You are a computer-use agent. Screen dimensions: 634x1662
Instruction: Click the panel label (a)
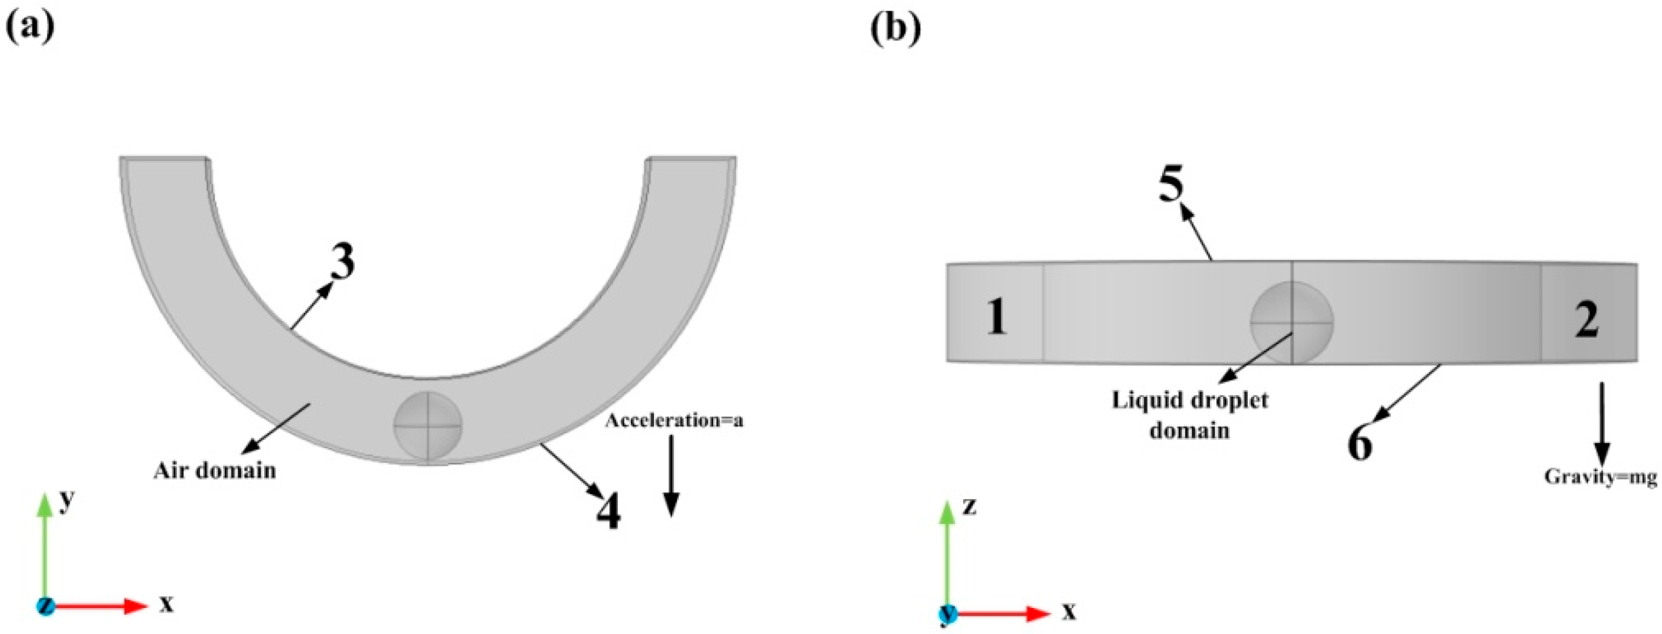pyautogui.click(x=30, y=27)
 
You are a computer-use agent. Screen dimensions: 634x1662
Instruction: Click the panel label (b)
pyautogui.click(x=896, y=27)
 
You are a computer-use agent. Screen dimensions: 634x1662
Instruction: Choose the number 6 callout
pyautogui.click(x=1360, y=444)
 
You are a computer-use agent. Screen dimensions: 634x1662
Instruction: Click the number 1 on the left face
pyautogui.click(x=997, y=318)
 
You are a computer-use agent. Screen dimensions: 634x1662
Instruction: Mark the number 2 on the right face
pyautogui.click(x=1586, y=319)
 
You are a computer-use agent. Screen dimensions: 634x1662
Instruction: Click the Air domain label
pyautogui.click(x=215, y=470)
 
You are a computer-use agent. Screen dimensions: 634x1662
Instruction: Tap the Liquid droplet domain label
pyautogui.click(x=1189, y=414)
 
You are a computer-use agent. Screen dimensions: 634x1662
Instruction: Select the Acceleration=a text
pyautogui.click(x=674, y=421)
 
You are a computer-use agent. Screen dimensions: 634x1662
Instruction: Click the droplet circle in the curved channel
pyautogui.click(x=428, y=426)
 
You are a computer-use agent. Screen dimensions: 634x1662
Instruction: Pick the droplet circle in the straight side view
pyautogui.click(x=1292, y=321)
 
